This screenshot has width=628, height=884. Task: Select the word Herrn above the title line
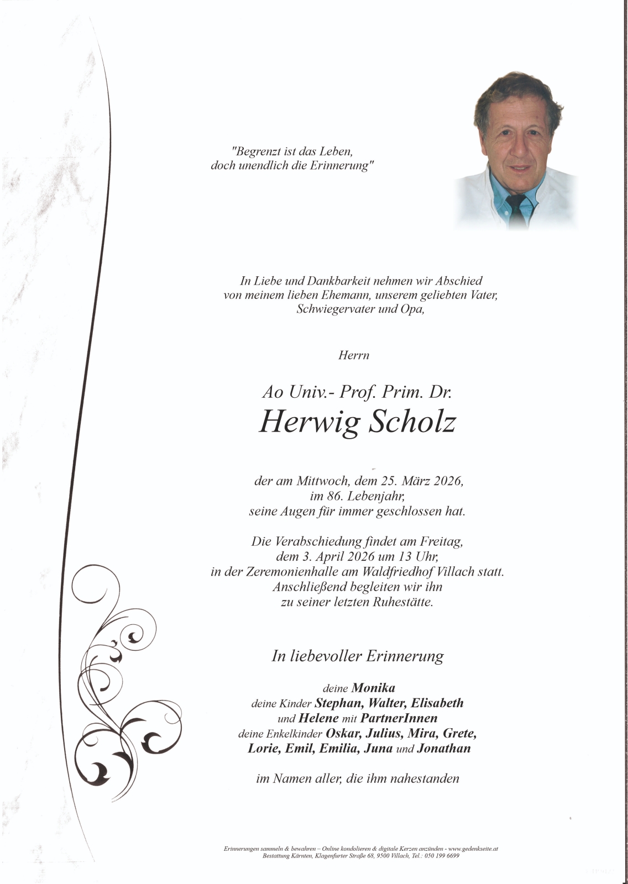(354, 355)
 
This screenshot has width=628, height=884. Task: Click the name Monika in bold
(373, 688)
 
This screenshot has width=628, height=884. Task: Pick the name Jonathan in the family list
(444, 749)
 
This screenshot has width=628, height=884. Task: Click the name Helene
(318, 718)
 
